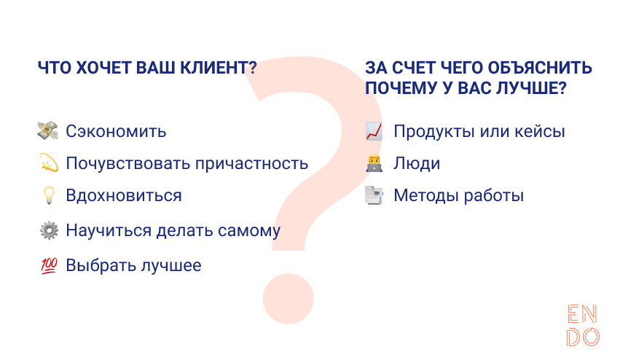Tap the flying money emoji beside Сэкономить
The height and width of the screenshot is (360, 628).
47,131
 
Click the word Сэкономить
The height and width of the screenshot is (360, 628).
116,132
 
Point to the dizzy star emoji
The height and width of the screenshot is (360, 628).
47,163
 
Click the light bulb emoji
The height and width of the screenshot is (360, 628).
47,195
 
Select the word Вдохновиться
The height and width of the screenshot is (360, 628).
124,196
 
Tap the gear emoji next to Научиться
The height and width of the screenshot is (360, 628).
47,230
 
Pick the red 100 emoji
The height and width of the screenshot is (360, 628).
47,266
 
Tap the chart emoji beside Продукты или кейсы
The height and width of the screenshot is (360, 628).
374,132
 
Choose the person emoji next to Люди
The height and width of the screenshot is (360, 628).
374,164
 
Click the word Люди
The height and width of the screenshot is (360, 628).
417,164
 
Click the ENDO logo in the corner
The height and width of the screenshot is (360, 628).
583,325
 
